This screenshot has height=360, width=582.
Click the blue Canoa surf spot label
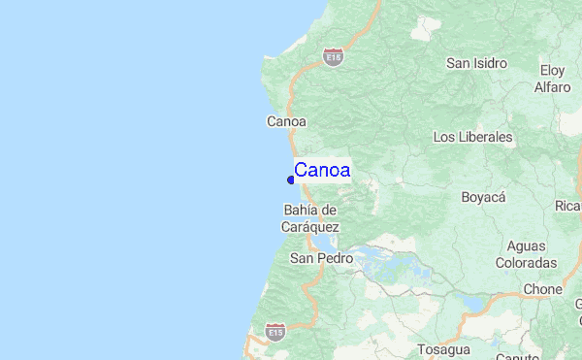(x=323, y=171)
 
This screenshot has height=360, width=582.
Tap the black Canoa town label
(x=286, y=121)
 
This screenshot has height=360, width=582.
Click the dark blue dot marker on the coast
(x=291, y=180)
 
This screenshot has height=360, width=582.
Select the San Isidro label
(x=476, y=63)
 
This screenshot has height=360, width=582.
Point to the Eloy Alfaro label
(x=552, y=79)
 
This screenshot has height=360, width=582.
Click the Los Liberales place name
(x=472, y=137)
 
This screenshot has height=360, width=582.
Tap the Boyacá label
(x=484, y=197)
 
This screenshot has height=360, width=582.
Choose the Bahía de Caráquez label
(x=310, y=218)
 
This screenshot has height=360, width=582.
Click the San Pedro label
(x=313, y=259)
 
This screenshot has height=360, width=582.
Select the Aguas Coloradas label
(x=526, y=254)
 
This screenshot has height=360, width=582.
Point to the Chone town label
(x=542, y=289)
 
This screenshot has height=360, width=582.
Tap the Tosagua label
(x=443, y=349)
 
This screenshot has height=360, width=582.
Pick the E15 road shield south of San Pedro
(x=276, y=330)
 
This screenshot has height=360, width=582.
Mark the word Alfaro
(x=552, y=87)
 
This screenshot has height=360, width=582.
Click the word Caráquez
(x=310, y=227)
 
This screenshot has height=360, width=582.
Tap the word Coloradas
(x=526, y=263)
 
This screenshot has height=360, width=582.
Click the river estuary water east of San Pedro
(x=373, y=259)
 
